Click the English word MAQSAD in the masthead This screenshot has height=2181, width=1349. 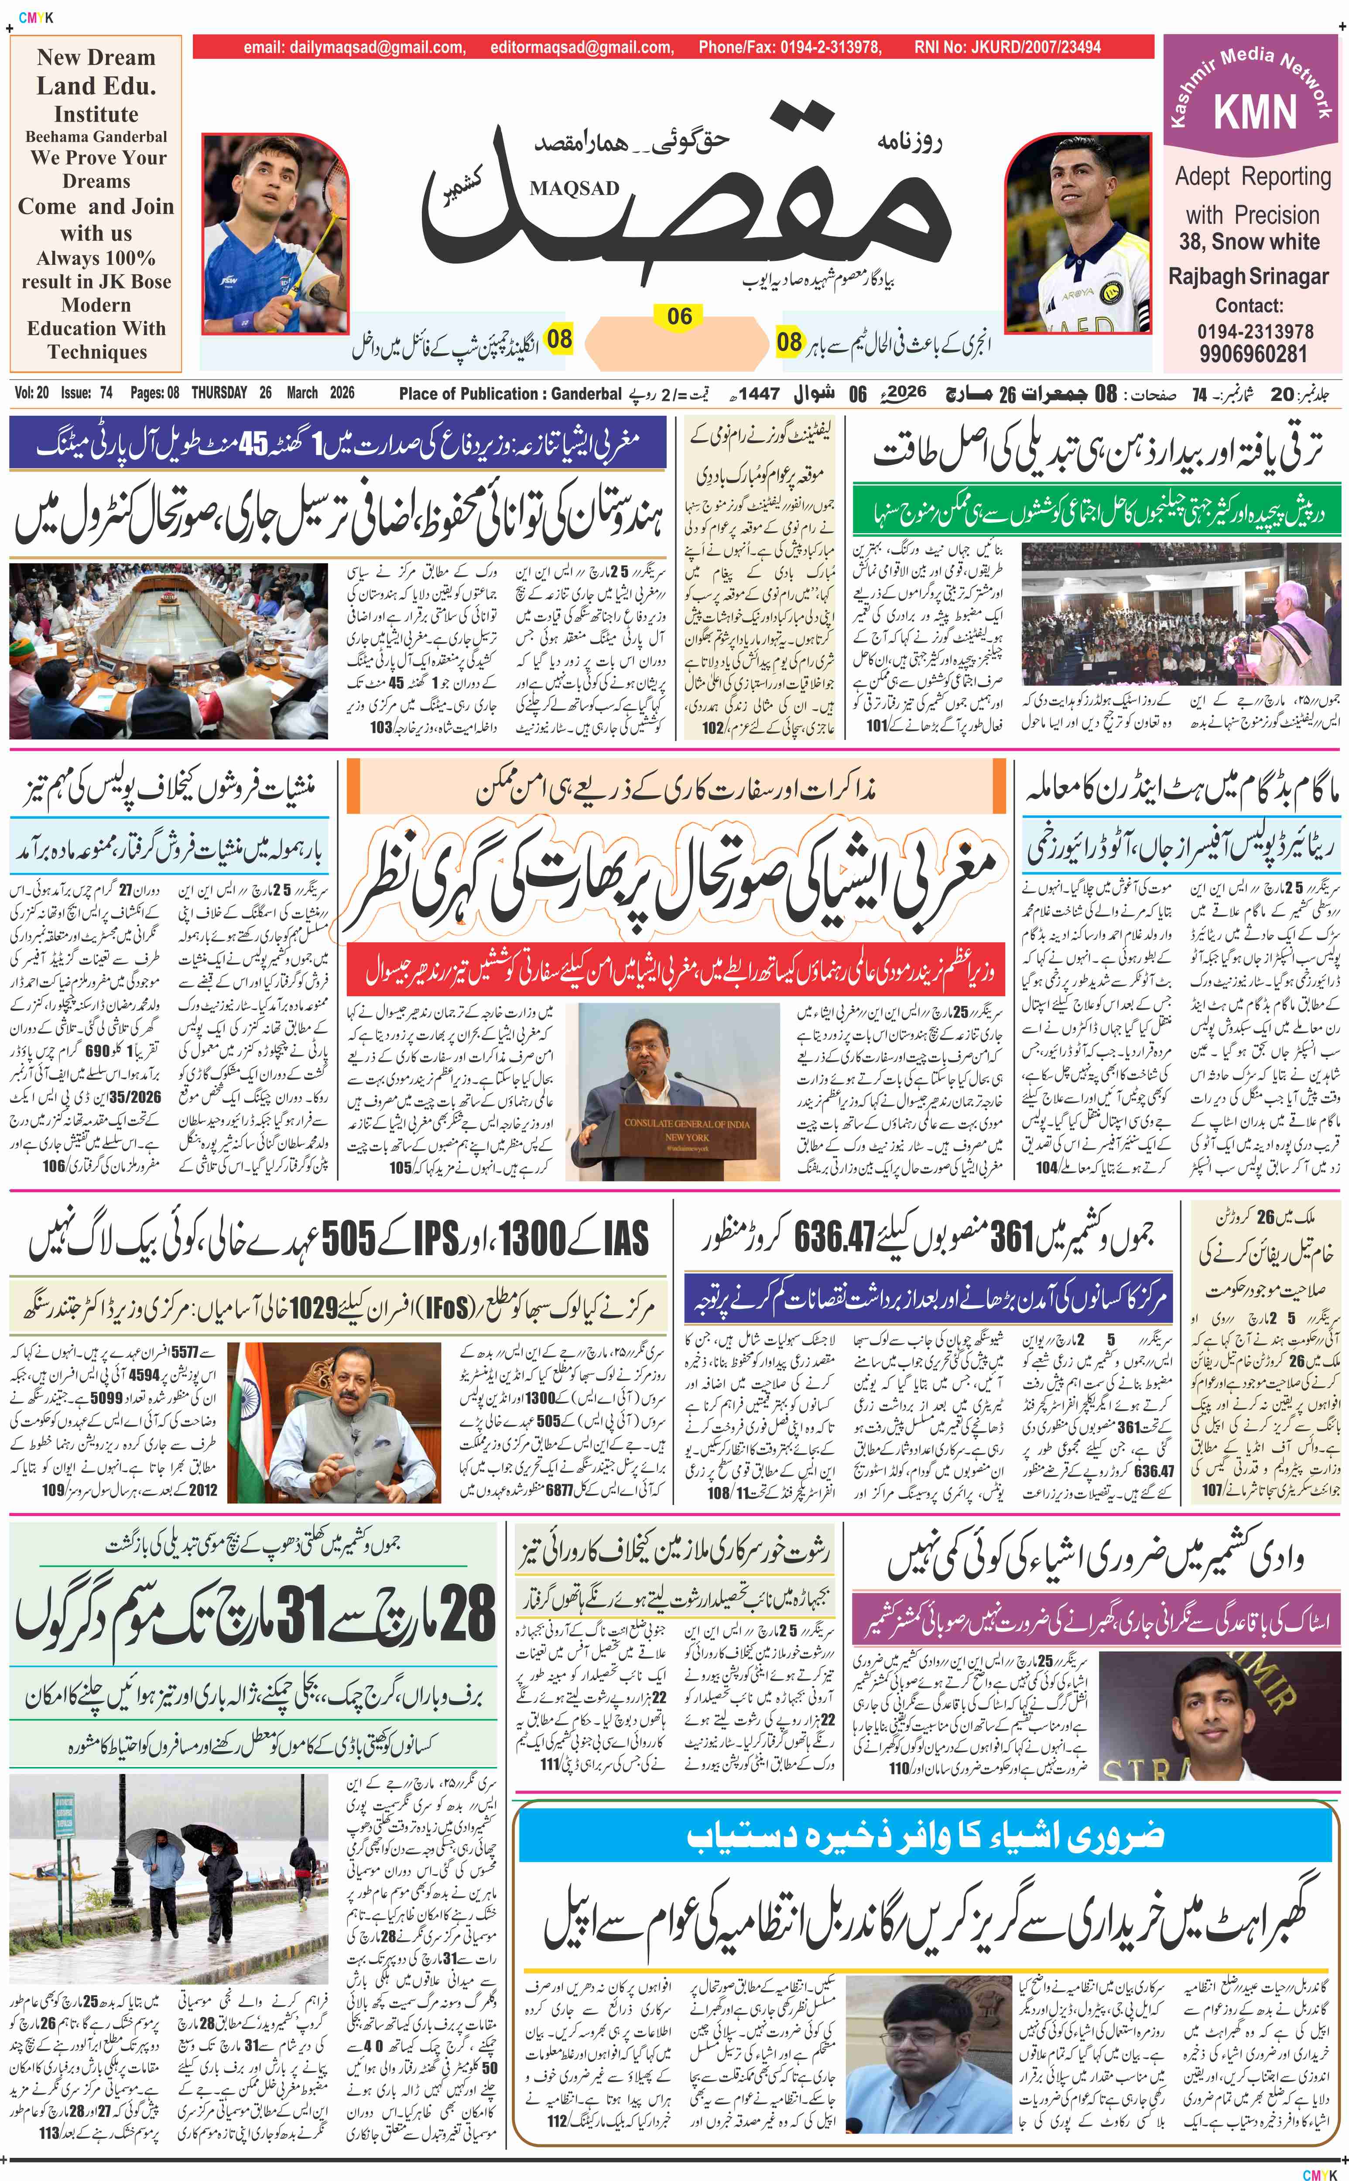pos(574,188)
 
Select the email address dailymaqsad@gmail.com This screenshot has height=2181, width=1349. pos(354,47)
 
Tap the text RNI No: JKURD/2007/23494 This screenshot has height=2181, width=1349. pos(1007,47)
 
